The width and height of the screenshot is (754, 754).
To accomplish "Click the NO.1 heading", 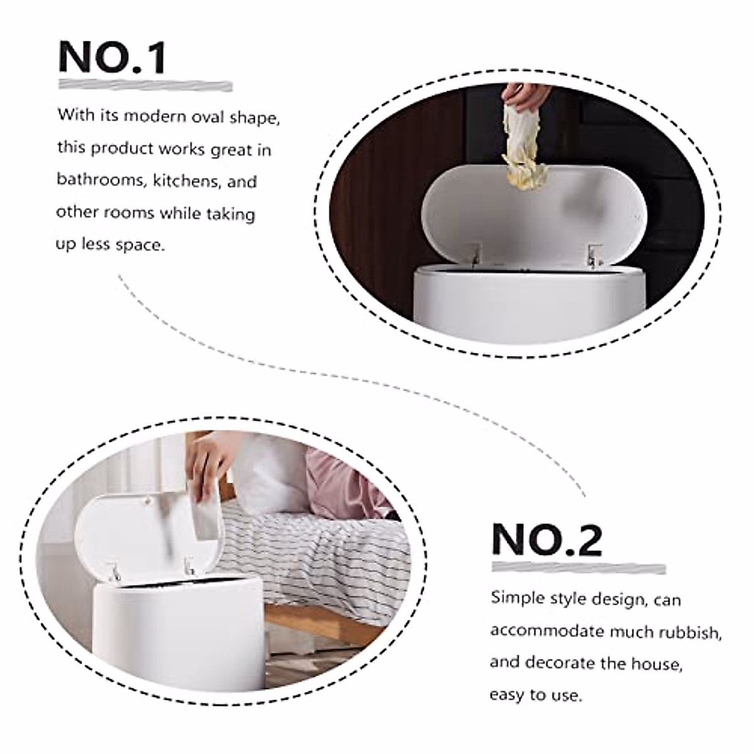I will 112,57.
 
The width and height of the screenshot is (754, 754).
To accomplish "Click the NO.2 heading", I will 546,540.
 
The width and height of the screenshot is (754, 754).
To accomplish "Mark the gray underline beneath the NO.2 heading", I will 578,568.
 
